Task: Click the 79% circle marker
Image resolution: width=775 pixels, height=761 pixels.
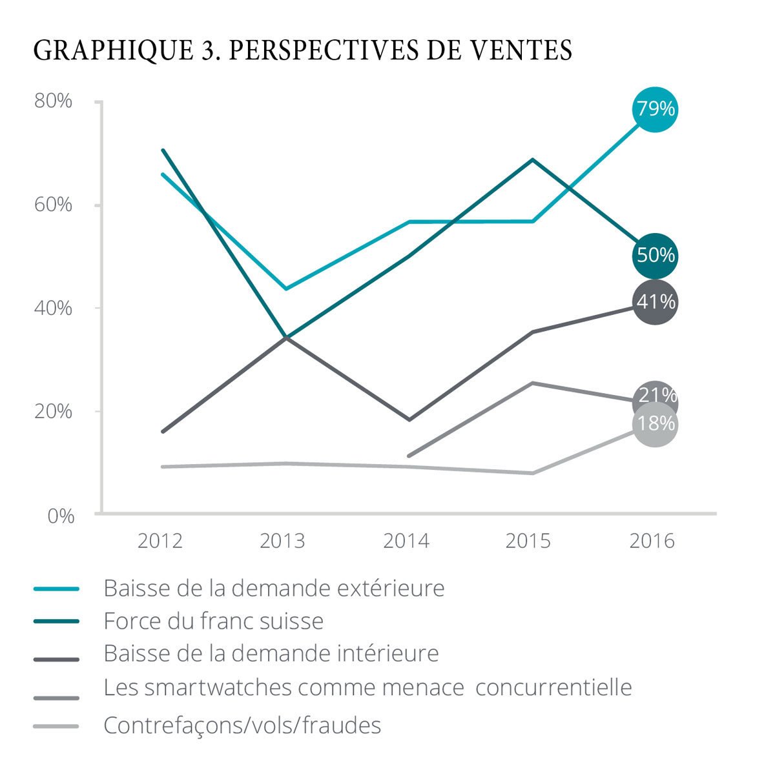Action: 655,109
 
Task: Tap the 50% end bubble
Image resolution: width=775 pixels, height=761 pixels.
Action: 655,256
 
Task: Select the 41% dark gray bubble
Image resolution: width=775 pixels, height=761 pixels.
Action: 655,301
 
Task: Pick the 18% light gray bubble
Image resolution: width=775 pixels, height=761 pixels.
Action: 655,425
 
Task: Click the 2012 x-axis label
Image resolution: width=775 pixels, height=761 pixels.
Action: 160,540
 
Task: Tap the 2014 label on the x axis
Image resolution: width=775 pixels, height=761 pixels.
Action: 406,540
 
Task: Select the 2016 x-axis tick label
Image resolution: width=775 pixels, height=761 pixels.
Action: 652,540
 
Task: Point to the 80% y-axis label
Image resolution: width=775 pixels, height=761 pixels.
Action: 53,101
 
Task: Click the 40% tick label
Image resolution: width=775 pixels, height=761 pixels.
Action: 53,308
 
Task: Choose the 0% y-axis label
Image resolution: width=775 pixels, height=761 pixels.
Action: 61,516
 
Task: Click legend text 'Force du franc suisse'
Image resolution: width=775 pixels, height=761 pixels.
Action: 213,621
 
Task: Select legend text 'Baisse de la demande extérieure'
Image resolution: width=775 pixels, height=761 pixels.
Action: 274,588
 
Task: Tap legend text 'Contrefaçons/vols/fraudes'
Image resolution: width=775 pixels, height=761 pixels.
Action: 242,725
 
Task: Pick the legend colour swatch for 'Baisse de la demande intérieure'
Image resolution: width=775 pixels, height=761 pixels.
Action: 56,659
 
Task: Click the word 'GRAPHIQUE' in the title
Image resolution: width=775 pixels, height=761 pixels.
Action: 112,50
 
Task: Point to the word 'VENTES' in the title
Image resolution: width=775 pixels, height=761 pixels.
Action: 522,50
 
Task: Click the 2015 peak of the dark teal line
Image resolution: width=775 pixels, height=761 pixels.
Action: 532,159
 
